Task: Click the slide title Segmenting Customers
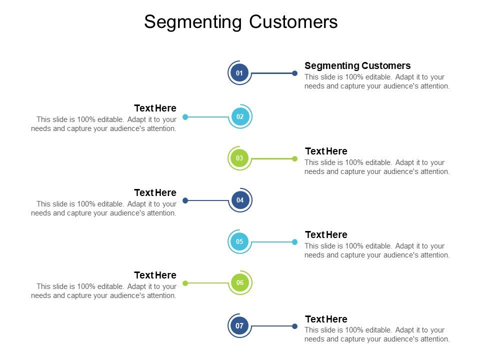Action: [240, 22]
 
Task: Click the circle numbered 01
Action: [239, 73]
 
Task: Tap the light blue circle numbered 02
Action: [240, 117]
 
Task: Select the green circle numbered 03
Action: [239, 158]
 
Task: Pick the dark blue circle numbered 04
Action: [240, 200]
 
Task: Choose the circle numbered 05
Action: [239, 242]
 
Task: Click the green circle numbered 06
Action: [240, 283]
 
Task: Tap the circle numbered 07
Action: [239, 326]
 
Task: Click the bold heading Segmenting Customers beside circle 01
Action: [357, 65]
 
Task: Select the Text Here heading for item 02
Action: [155, 108]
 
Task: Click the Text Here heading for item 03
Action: [326, 151]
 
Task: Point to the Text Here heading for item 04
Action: [155, 192]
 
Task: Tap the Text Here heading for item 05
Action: [326, 234]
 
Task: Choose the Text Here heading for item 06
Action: [155, 275]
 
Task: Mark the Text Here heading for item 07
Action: [326, 319]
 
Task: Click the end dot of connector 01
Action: [294, 73]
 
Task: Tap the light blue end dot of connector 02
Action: [185, 117]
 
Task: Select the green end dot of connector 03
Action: [294, 158]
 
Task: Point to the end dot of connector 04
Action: [185, 200]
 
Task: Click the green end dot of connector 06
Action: [185, 283]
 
